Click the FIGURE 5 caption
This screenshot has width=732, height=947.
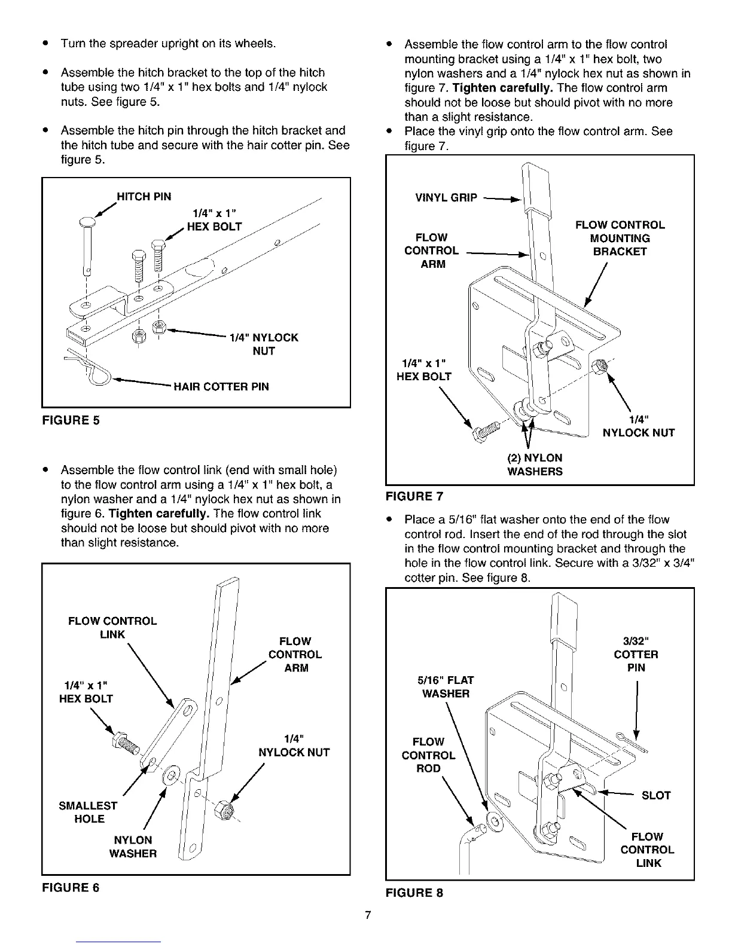[71, 420]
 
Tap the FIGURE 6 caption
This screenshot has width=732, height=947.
[71, 888]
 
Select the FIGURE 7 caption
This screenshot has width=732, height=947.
[414, 496]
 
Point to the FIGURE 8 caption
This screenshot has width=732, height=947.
[414, 893]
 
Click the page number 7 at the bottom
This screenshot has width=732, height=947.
[368, 916]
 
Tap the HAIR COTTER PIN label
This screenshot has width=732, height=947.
[221, 387]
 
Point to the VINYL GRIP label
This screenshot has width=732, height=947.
[446, 198]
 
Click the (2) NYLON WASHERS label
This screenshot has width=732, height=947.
[535, 465]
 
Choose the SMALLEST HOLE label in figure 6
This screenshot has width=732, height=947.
[89, 812]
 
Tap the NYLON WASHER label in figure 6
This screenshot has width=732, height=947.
[133, 847]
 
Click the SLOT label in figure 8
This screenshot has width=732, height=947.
[655, 795]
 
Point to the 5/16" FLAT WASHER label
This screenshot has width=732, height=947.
[446, 687]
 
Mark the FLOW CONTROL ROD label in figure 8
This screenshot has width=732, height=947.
[428, 755]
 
